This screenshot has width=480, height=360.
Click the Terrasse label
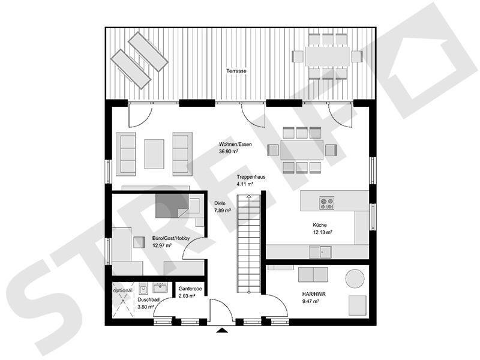coord(236,71)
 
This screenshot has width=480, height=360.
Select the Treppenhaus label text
coord(251,178)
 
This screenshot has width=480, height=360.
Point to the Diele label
coord(220,203)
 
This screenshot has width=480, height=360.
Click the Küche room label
coord(320,224)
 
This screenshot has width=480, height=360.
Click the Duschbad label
coord(147,299)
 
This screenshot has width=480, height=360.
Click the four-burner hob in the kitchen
coord(327,203)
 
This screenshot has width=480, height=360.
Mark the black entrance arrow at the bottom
coord(221,330)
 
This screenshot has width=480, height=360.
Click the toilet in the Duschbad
coord(144,288)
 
